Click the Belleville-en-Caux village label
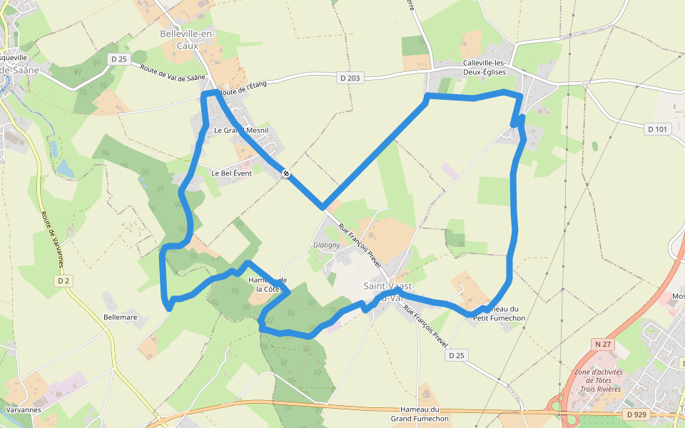[x=187, y=39]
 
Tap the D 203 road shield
[x=350, y=78]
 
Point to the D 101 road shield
[x=658, y=129]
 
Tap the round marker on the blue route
[x=285, y=173]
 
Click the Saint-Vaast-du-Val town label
[x=386, y=291]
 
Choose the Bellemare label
[x=120, y=316]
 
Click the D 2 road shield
[x=64, y=281]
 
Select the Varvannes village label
[x=23, y=410]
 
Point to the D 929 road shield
[x=636, y=414]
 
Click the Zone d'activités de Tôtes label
[x=599, y=381]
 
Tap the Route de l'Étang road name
[x=243, y=88]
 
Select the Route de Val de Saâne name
[x=173, y=73]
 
